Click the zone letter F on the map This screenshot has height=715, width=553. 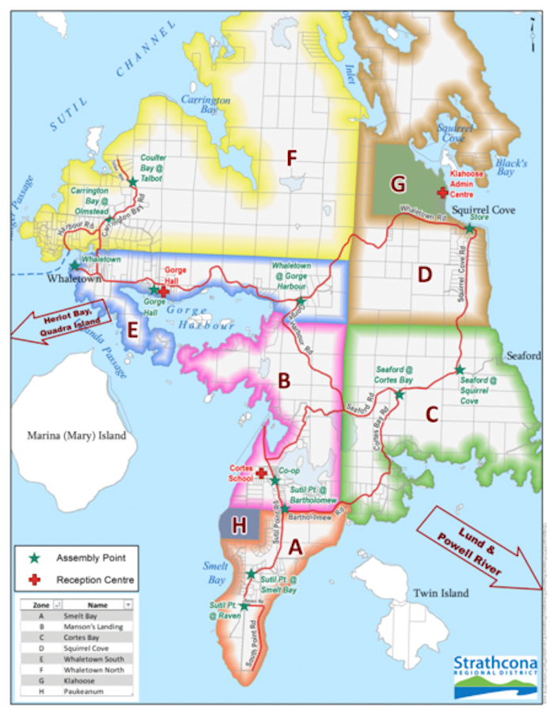[292, 158]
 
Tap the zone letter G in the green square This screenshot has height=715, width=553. [398, 183]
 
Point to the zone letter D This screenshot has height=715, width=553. [425, 274]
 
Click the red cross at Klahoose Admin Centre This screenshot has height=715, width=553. [442, 192]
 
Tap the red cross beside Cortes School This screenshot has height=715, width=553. [261, 472]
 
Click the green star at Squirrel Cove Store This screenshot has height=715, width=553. [469, 229]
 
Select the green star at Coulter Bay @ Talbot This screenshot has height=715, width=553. [133, 183]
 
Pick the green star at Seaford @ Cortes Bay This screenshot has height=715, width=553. [400, 394]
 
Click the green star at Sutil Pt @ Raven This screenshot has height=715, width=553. [244, 606]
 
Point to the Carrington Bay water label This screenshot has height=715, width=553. [205, 106]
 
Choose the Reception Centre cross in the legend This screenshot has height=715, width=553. [33, 580]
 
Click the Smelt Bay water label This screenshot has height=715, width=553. [214, 572]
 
